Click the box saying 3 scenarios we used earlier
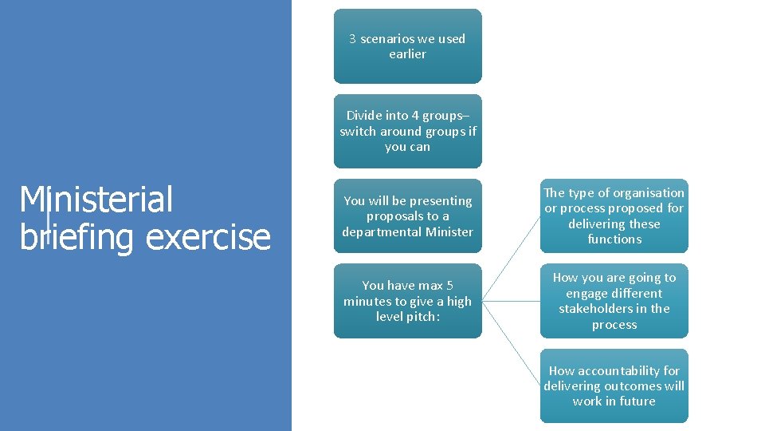click(x=407, y=46)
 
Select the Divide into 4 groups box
click(x=407, y=131)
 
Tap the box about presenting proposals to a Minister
click(x=407, y=216)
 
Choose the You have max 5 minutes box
click(x=407, y=301)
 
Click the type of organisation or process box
click(x=614, y=215)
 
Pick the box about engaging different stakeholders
click(x=614, y=301)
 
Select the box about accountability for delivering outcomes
click(x=614, y=386)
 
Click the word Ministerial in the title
click(x=96, y=200)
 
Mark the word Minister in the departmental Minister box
click(x=447, y=232)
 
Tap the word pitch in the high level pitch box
click(x=423, y=317)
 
